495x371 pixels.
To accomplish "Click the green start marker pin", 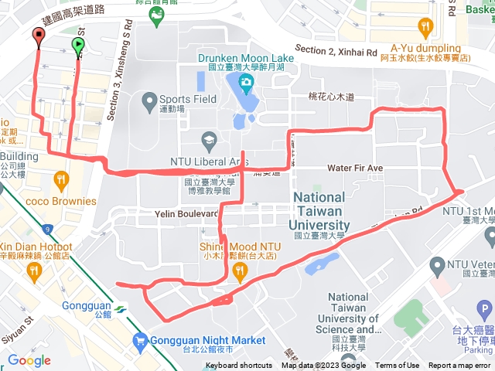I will click(x=78, y=46).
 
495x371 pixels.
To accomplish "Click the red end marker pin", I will click(x=39, y=36).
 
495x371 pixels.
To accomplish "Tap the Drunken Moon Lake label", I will click(x=244, y=58).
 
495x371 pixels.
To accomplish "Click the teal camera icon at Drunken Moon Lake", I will click(x=245, y=82).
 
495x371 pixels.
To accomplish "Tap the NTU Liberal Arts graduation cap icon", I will click(x=207, y=140).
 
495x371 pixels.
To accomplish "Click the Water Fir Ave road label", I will click(x=355, y=168).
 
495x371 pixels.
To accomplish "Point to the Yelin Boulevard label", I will click(x=186, y=214).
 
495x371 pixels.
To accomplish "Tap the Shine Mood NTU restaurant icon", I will click(x=240, y=271).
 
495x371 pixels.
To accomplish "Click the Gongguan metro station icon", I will click(x=118, y=309).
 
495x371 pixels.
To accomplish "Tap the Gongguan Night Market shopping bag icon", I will click(x=140, y=339).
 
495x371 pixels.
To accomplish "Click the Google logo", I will click(x=29, y=360).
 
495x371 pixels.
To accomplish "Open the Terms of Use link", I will click(x=398, y=366).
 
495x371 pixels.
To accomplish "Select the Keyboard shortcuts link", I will click(x=239, y=366).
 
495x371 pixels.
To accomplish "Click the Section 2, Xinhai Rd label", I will click(x=336, y=51).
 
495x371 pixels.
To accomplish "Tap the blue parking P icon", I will click(x=485, y=311).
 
